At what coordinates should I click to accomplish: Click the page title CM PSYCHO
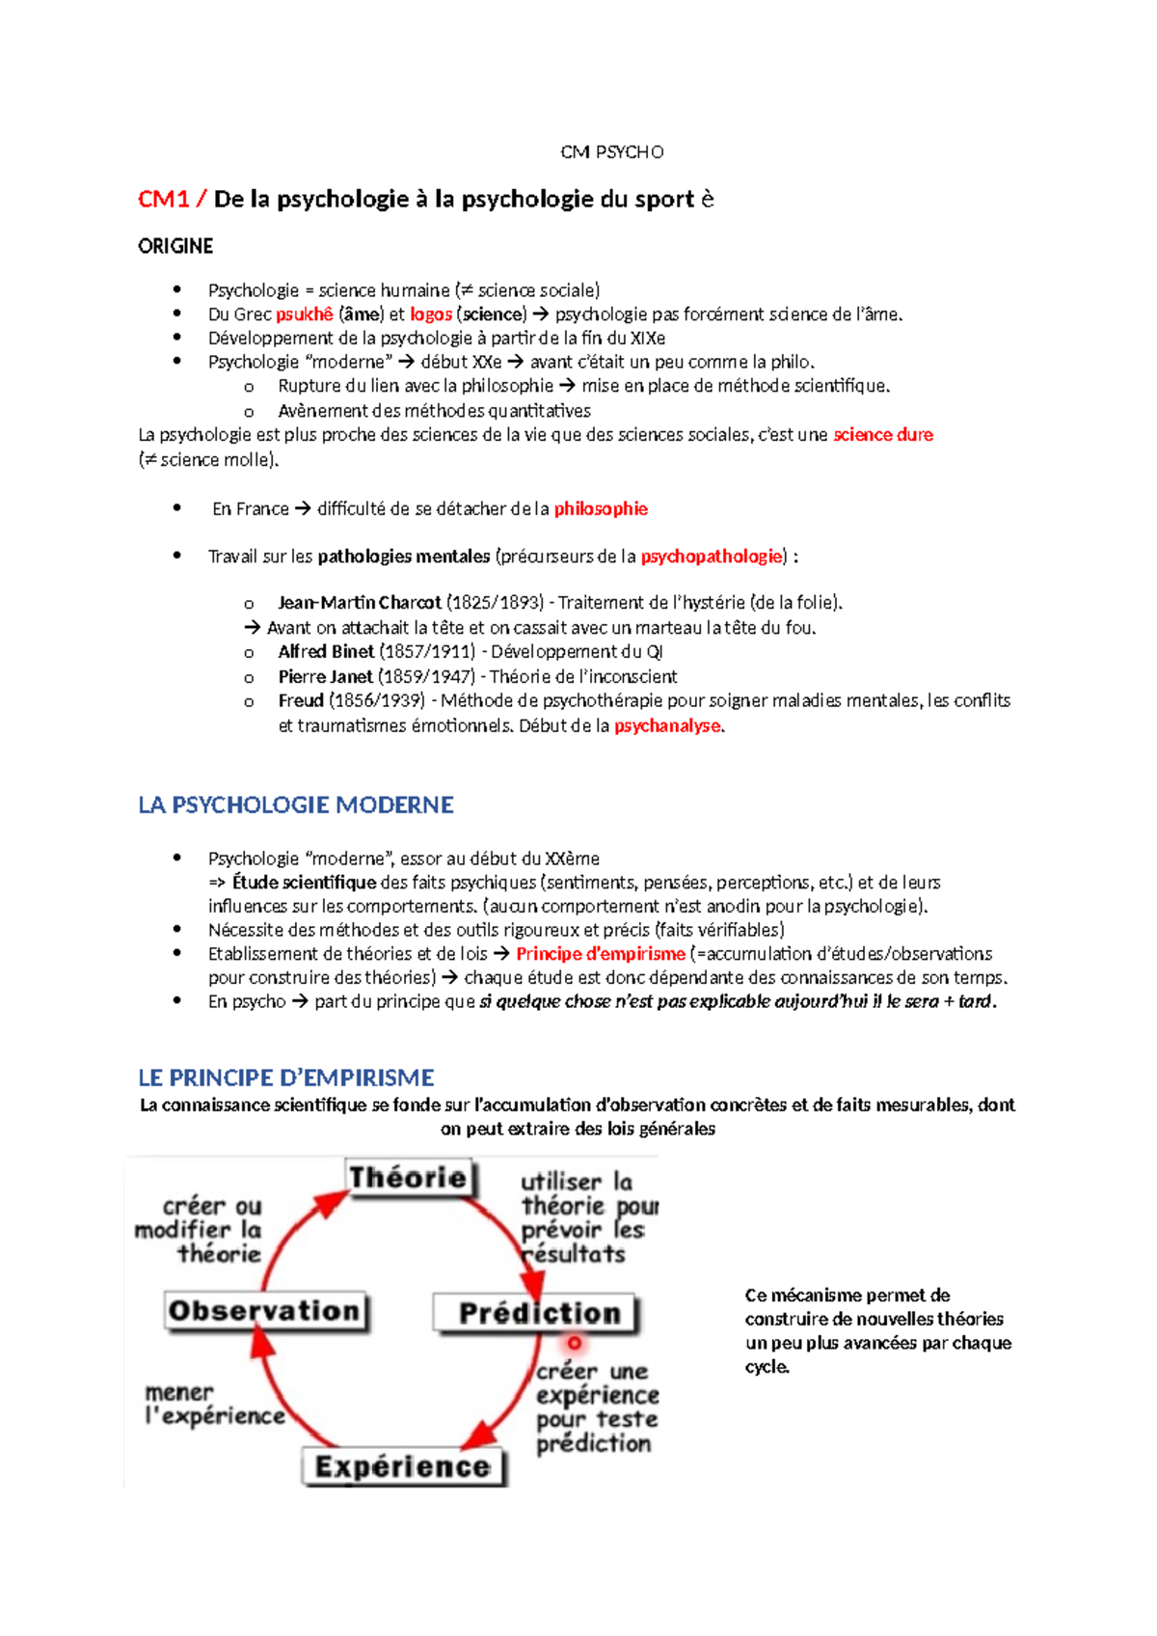[x=612, y=151]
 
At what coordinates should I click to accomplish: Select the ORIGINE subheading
[x=175, y=246]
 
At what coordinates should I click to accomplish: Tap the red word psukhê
[x=304, y=314]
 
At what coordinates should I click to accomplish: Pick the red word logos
[x=431, y=314]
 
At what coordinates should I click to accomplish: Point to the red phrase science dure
[x=882, y=434]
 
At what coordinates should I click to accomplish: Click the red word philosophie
[x=600, y=508]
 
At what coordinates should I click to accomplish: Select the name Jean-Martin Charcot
[x=359, y=602]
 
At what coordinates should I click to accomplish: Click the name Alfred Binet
[x=326, y=651]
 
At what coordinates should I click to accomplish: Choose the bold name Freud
[x=300, y=700]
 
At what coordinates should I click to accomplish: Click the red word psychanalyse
[x=667, y=725]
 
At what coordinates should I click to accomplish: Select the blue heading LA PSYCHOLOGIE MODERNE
[x=295, y=804]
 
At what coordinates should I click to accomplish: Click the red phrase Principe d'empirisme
[x=600, y=953]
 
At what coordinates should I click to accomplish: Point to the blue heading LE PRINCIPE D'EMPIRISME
[x=285, y=1077]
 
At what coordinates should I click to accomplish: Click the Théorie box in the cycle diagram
[x=408, y=1178]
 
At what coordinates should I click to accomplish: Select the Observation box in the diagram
[x=264, y=1311]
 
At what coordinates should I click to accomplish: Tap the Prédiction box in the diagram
[x=538, y=1313]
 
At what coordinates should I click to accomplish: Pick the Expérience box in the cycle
[x=402, y=1466]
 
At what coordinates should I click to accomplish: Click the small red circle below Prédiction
[x=575, y=1343]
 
